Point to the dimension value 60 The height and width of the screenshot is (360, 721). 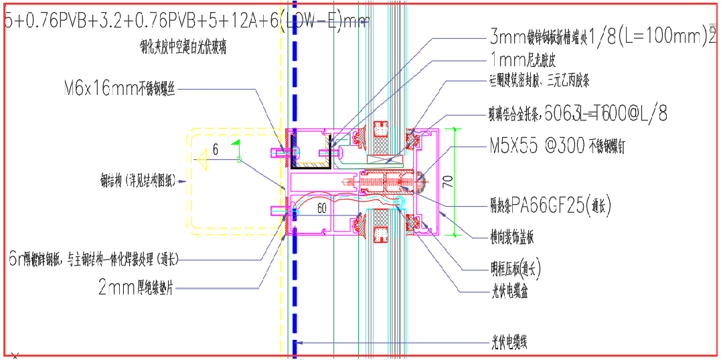(322, 208)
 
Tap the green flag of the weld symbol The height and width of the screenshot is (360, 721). (235, 143)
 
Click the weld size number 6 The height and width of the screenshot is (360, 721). (215, 151)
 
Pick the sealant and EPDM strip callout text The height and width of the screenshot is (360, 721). (539, 82)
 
